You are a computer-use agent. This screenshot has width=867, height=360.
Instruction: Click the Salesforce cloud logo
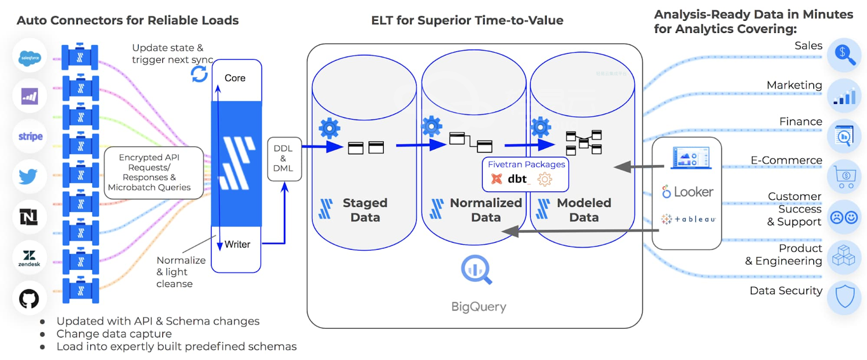(29, 57)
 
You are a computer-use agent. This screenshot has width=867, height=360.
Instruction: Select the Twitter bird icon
(29, 176)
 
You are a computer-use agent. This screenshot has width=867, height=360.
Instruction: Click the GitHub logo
(29, 298)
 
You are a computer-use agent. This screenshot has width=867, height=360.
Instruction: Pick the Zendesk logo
(29, 258)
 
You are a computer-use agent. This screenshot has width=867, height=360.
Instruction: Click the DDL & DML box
(283, 158)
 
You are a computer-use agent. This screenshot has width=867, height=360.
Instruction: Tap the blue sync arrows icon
(199, 74)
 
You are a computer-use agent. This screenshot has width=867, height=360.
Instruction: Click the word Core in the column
(235, 78)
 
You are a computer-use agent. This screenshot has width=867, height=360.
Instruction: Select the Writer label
(237, 244)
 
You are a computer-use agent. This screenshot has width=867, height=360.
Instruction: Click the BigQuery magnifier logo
(476, 270)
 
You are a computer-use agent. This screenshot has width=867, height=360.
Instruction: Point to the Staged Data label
(365, 210)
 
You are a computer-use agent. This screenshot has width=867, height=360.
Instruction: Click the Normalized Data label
(486, 210)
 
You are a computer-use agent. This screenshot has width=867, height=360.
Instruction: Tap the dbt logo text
(518, 179)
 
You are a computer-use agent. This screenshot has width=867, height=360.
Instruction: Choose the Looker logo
(688, 192)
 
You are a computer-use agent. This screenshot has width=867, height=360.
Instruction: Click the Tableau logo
(688, 219)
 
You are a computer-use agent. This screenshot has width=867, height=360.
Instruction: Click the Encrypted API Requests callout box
(154, 173)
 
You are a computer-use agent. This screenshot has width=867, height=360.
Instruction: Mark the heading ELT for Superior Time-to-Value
(467, 21)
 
